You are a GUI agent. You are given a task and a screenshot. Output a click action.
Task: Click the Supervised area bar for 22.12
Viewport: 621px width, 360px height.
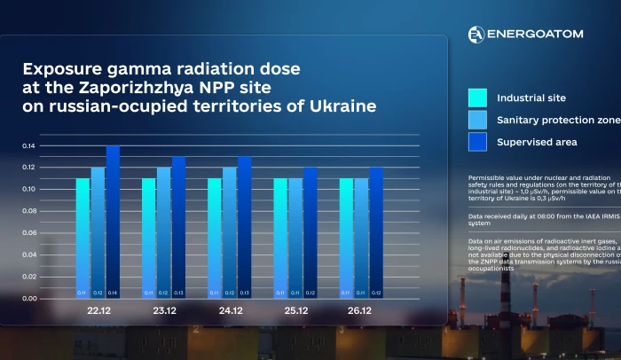(x=113, y=222)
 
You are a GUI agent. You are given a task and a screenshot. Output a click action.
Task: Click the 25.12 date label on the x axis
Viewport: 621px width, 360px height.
(x=296, y=311)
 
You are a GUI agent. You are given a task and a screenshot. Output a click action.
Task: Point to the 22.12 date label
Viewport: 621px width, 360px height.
(x=98, y=311)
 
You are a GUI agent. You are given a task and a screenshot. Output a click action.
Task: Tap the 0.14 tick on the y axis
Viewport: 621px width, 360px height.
(x=30, y=145)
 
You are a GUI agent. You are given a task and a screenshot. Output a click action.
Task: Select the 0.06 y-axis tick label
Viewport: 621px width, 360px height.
(x=30, y=233)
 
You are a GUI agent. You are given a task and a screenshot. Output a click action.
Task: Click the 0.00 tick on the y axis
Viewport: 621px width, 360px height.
(x=30, y=299)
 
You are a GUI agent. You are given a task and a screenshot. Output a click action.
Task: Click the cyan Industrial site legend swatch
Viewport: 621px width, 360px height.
(x=477, y=98)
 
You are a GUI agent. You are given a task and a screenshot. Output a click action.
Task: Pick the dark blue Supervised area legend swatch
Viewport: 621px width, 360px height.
(x=477, y=142)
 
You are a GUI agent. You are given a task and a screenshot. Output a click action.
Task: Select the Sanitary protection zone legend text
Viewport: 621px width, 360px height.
(x=557, y=120)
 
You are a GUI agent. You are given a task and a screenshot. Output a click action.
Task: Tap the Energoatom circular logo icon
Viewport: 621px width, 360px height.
(x=476, y=34)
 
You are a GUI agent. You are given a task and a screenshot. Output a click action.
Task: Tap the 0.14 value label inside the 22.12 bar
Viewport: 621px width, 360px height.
(x=113, y=293)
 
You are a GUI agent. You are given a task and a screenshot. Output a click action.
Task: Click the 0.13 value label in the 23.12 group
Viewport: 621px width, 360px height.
(x=179, y=293)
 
